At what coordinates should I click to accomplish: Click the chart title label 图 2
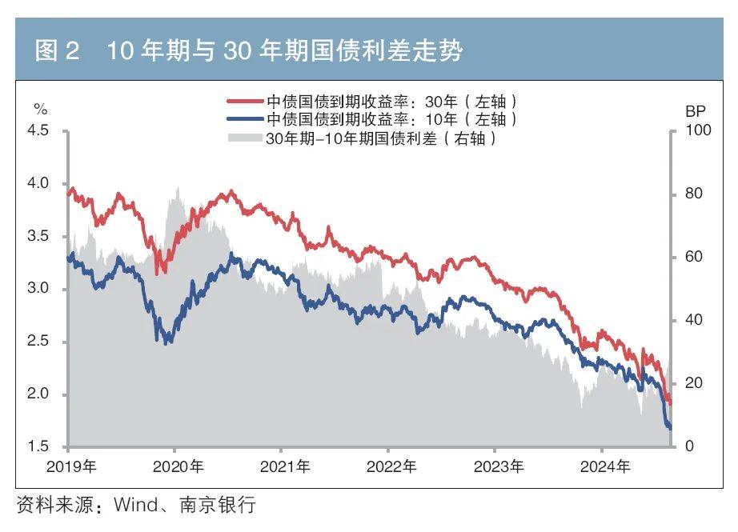pyautogui.click(x=58, y=52)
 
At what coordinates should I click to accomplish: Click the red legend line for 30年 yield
pyautogui.click(x=245, y=102)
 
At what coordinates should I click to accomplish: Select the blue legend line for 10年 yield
pyautogui.click(x=245, y=119)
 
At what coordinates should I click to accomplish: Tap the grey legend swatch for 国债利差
pyautogui.click(x=245, y=138)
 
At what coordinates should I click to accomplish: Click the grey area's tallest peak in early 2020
pyautogui.click(x=176, y=190)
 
